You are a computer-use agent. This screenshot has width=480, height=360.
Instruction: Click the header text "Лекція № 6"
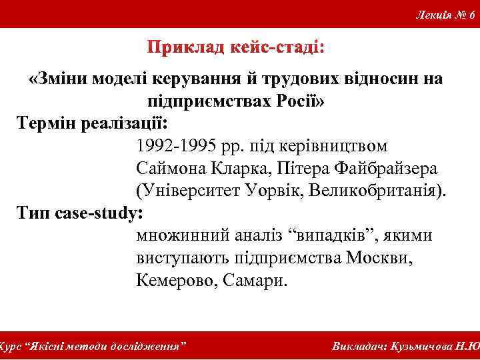coord(444,15)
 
